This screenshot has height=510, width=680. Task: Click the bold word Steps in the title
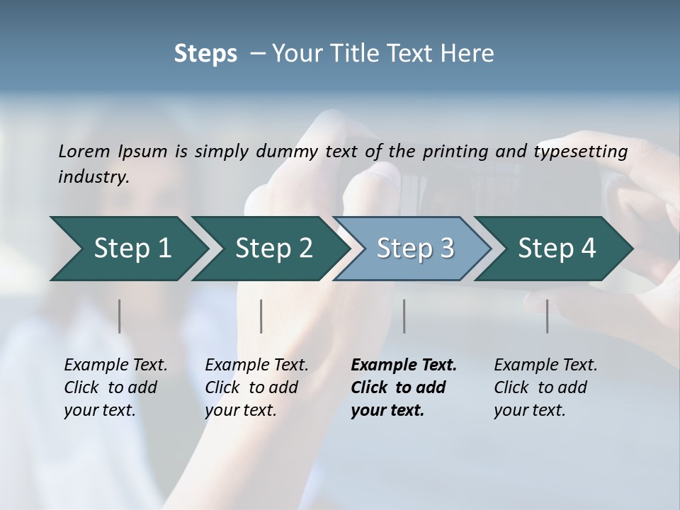205,54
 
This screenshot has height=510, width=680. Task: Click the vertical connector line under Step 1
120,316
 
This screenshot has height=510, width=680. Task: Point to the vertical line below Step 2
261,316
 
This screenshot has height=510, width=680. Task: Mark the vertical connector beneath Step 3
404,316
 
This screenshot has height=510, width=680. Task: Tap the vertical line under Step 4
547,316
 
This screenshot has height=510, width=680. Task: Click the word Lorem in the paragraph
84,152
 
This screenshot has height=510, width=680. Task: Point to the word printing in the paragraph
453,152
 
